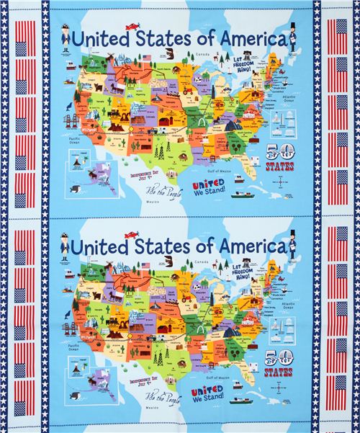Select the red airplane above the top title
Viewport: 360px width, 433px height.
[x=132, y=27]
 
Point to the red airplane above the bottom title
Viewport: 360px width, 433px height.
[x=132, y=234]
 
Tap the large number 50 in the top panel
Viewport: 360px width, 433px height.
[x=280, y=153]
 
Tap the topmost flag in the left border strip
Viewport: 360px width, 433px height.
[x=24, y=31]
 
